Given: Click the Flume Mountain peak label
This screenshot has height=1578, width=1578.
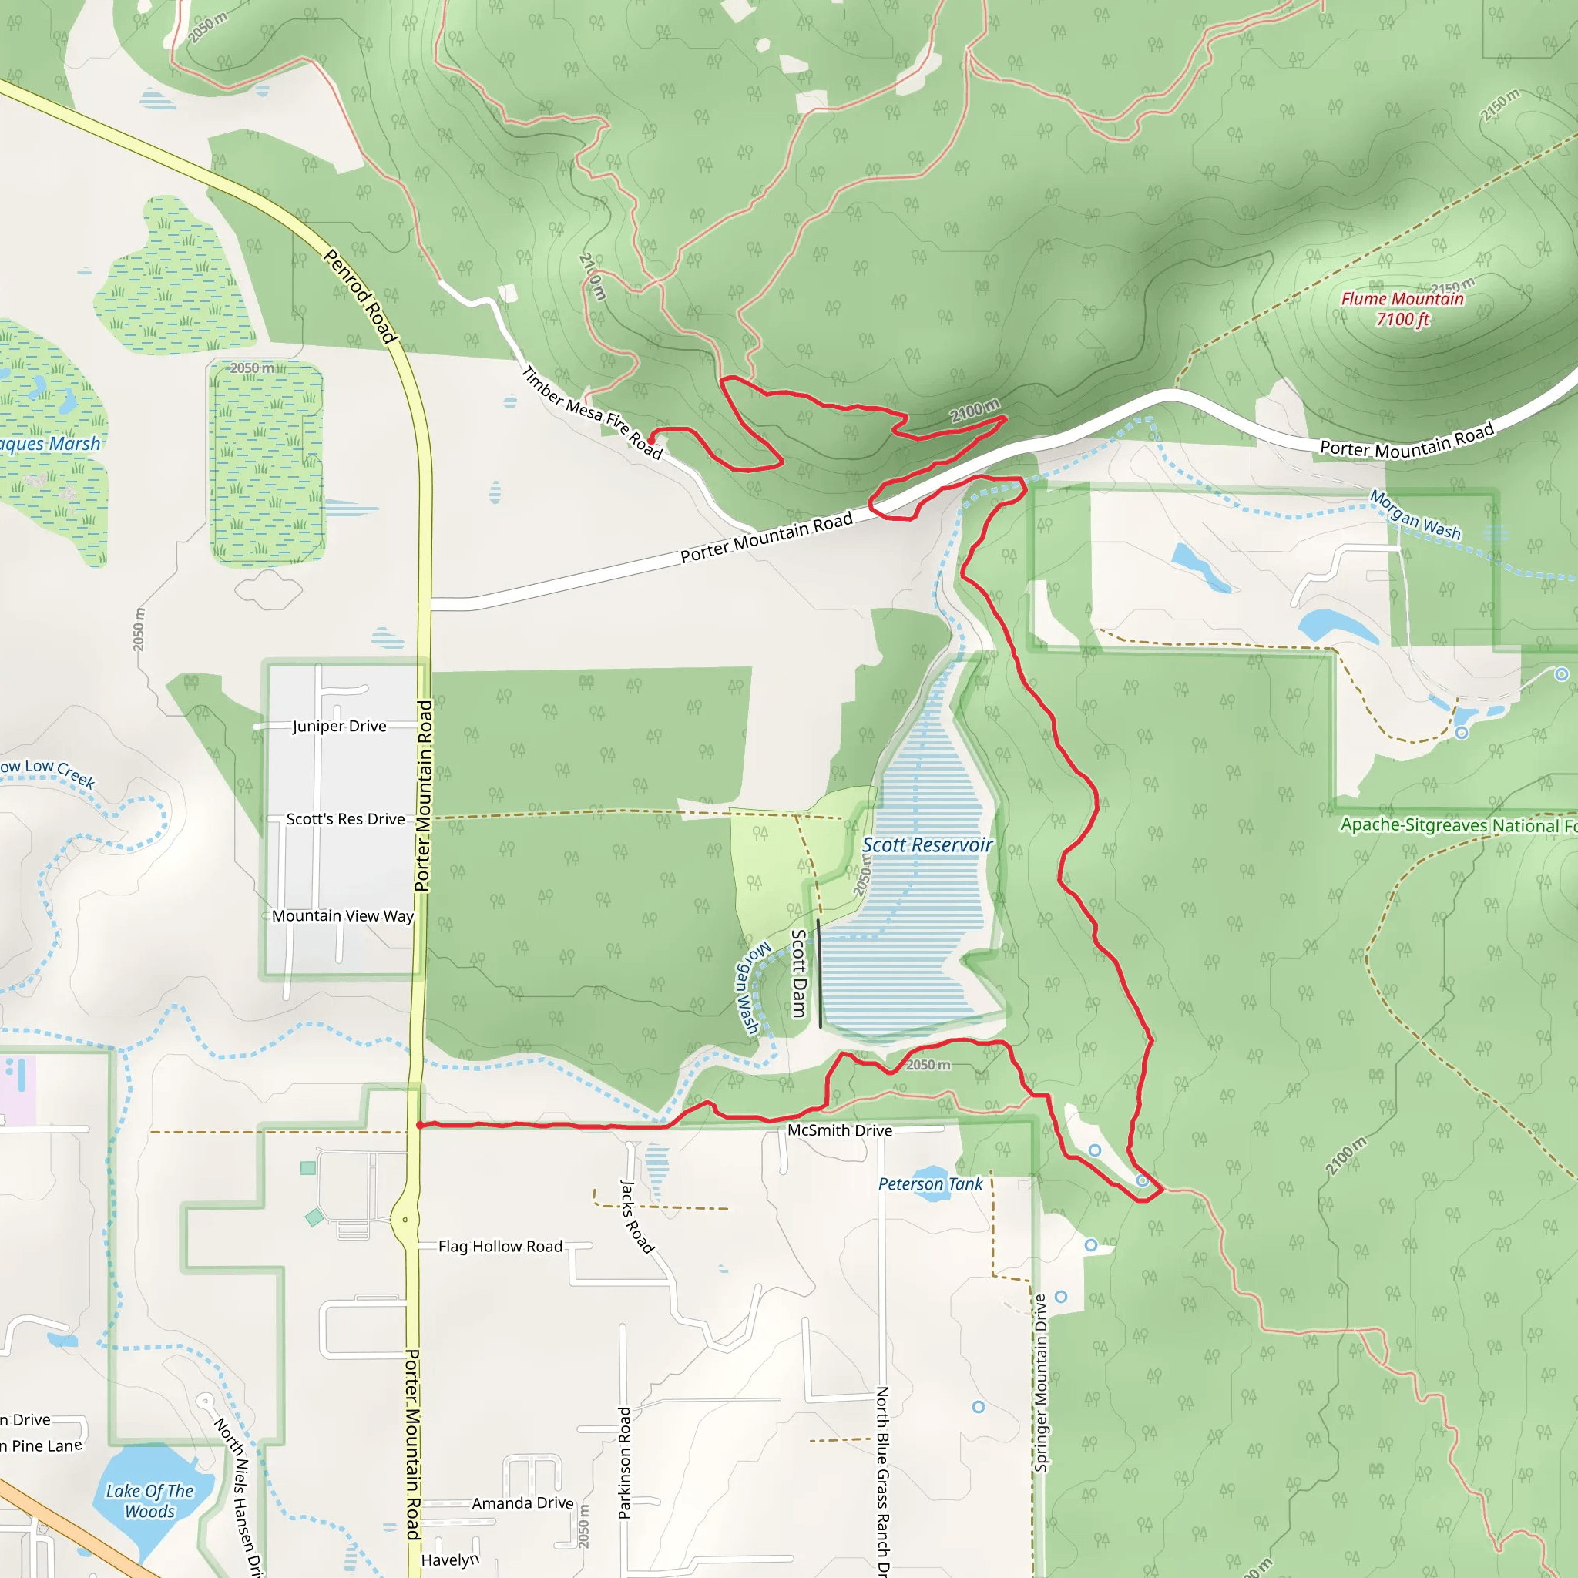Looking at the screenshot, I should (1402, 299).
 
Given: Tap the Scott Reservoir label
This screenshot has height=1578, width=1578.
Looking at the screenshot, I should (927, 845).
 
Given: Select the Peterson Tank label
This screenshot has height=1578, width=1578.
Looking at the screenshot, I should (930, 1184).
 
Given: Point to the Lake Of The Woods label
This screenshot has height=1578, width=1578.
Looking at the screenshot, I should (149, 1501).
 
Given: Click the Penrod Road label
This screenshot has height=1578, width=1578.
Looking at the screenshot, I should (360, 296).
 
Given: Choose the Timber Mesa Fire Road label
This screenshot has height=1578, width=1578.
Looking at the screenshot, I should (591, 412).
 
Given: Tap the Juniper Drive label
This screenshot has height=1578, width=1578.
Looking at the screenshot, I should (339, 726).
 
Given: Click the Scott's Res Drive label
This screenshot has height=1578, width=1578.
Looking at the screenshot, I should (344, 819).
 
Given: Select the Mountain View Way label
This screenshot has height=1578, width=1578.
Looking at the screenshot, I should (342, 916).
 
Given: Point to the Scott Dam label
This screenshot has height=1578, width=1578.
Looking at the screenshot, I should (799, 974).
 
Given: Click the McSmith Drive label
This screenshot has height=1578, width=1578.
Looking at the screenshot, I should (839, 1131).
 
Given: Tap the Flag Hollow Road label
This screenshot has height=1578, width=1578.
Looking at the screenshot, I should (500, 1247).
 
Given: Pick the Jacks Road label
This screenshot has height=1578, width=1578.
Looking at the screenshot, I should (637, 1216).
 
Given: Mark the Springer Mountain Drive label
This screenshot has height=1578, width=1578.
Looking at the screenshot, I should (1040, 1383).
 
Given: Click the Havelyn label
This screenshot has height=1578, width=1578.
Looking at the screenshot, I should (449, 1561).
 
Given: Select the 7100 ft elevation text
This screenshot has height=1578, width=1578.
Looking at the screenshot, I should (1402, 319).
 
